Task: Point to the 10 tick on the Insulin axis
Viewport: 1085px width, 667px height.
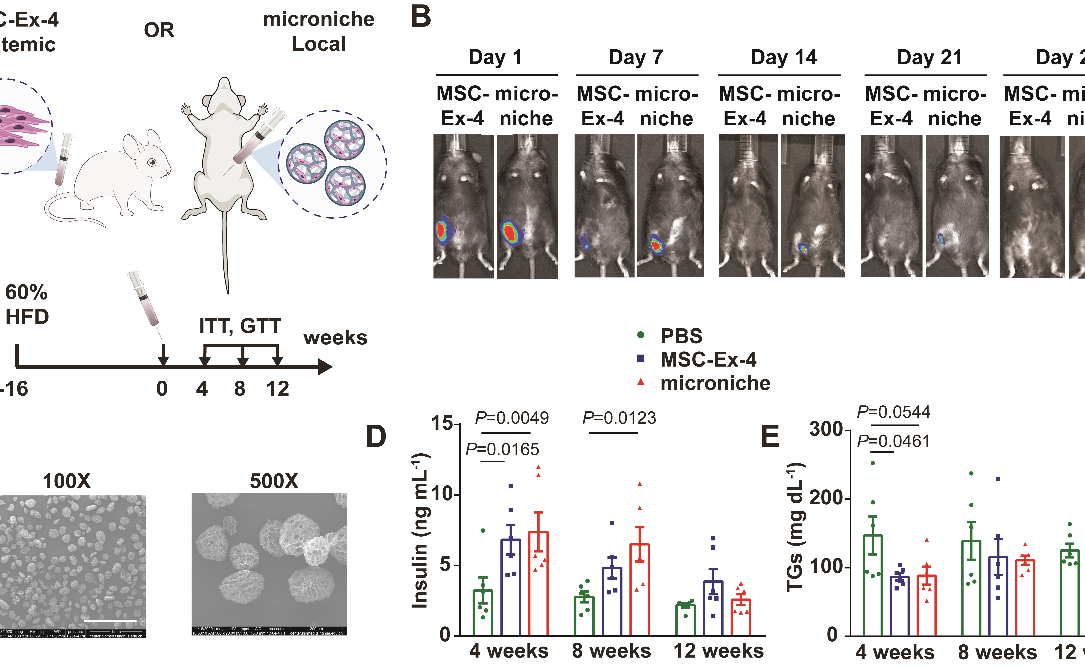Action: pyautogui.click(x=443, y=494)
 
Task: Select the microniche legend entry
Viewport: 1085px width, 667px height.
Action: pyautogui.click(x=714, y=383)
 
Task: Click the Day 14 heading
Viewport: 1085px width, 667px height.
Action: pyautogui.click(x=784, y=57)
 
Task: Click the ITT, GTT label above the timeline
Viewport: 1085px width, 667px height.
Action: pyautogui.click(x=240, y=326)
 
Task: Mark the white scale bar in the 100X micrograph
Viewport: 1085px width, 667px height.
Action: pyautogui.click(x=110, y=621)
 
